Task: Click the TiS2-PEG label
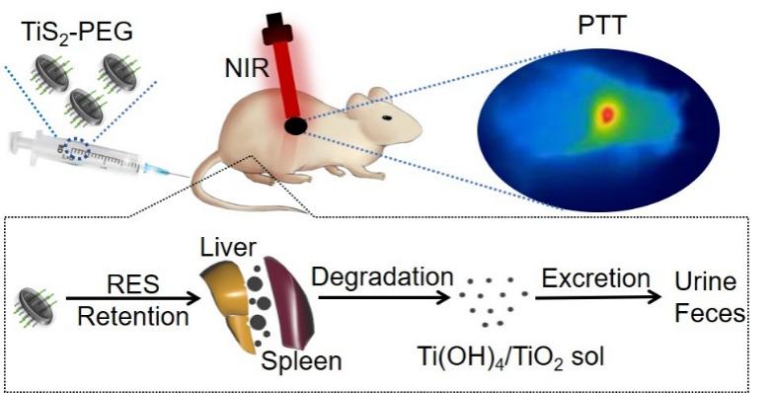point(77,32)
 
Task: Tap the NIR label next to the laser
point(247,68)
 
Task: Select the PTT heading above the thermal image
point(601,25)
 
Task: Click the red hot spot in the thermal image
point(607,115)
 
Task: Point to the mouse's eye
point(387,118)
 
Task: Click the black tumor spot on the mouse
point(295,126)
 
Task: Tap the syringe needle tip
point(190,177)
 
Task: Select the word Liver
point(228,248)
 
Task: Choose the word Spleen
point(301,361)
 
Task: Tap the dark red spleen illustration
point(288,301)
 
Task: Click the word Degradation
point(382,277)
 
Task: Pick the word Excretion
point(595,278)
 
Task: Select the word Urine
point(706,282)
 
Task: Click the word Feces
point(710,313)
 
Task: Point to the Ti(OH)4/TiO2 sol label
point(510,356)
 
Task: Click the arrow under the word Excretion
point(597,297)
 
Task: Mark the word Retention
point(133,316)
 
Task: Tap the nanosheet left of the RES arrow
point(36,306)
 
